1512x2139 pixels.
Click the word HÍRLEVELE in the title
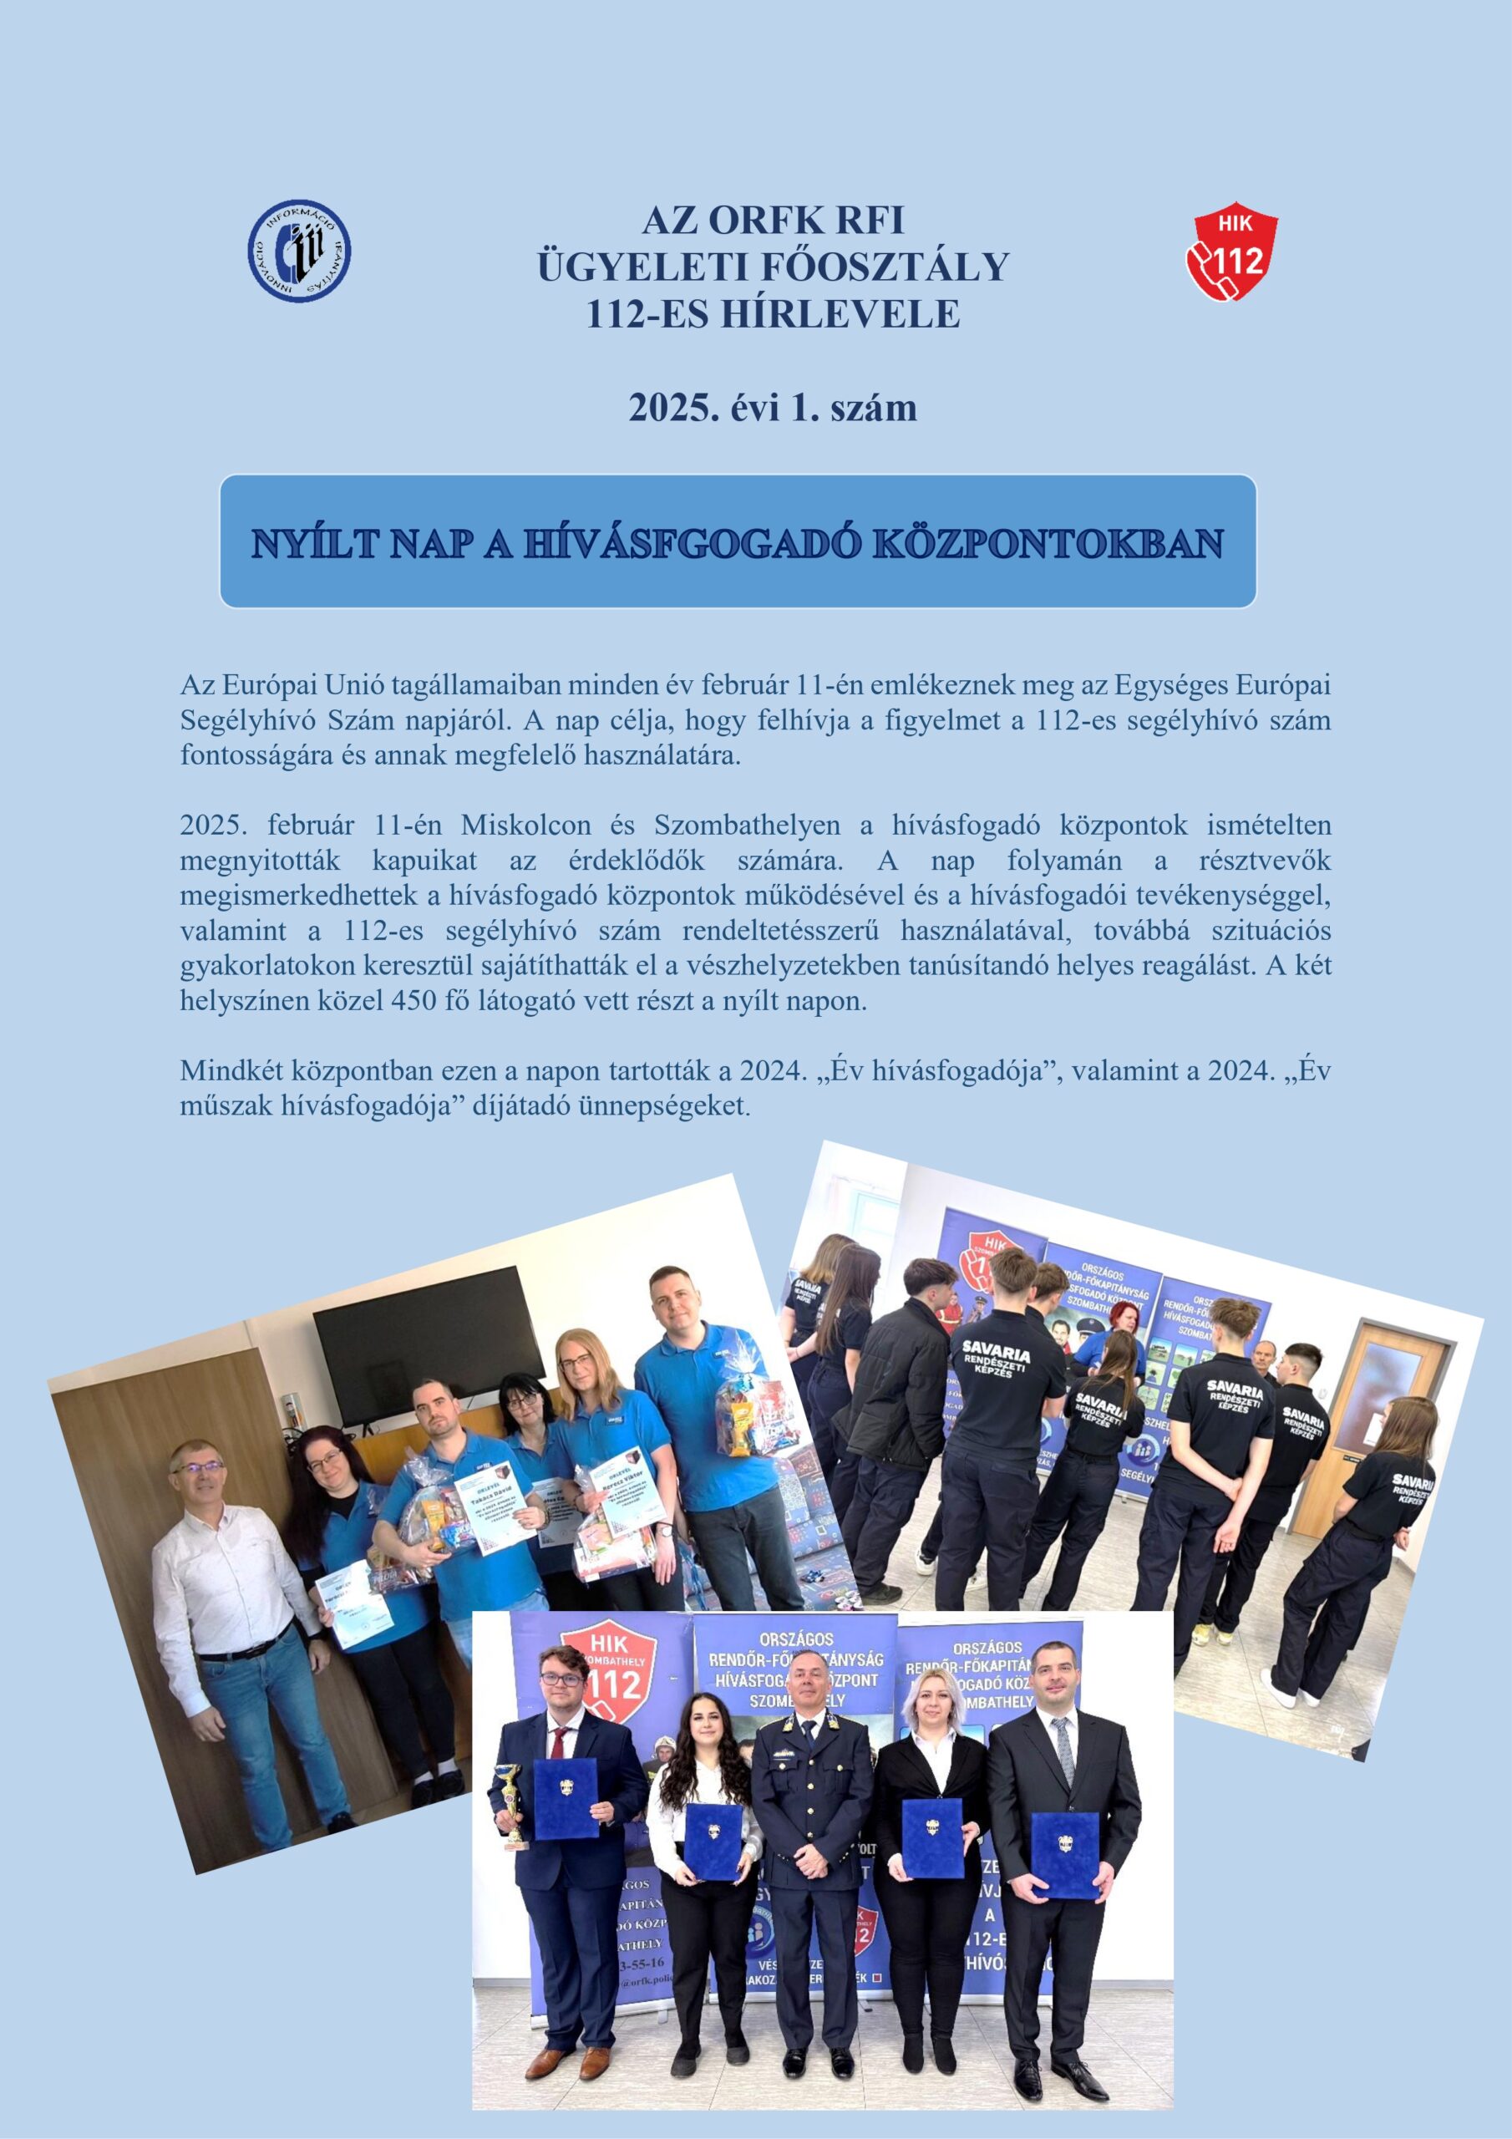(x=773, y=314)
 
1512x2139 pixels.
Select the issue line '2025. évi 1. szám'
(x=773, y=408)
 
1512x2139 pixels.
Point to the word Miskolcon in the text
(x=526, y=826)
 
